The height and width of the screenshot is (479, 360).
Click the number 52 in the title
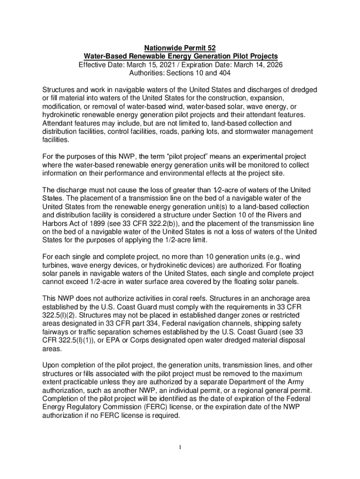click(210, 48)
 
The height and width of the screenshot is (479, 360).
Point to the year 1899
click(106, 223)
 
